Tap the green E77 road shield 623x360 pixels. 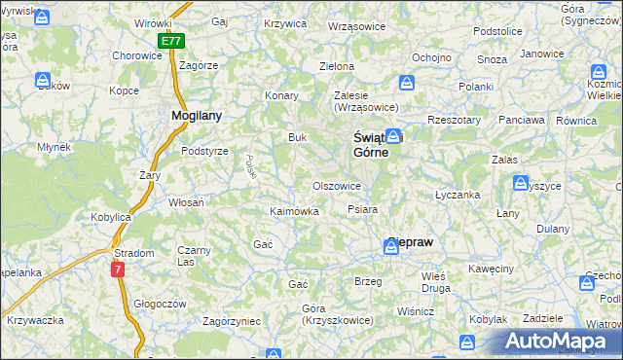pyautogui.click(x=171, y=42)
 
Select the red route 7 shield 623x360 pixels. pyautogui.click(x=118, y=269)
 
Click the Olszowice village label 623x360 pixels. pyautogui.click(x=337, y=186)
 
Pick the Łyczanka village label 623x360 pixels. pyautogui.click(x=458, y=195)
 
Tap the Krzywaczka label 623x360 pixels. pyautogui.click(x=34, y=320)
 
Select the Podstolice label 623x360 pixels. pyautogui.click(x=497, y=31)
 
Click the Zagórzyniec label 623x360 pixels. pyautogui.click(x=231, y=319)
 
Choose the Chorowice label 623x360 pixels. pyautogui.click(x=136, y=56)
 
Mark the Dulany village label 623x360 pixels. pyautogui.click(x=553, y=229)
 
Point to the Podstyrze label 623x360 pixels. pyautogui.click(x=204, y=151)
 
